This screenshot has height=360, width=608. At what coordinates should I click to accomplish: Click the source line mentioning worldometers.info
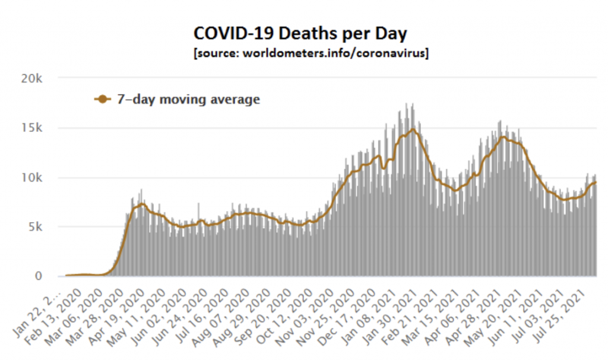(x=311, y=52)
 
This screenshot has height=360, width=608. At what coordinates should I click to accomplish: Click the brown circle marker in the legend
(x=103, y=99)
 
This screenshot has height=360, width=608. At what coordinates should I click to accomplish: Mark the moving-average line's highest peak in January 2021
(x=413, y=129)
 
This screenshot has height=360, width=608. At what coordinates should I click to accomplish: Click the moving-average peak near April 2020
(x=141, y=204)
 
